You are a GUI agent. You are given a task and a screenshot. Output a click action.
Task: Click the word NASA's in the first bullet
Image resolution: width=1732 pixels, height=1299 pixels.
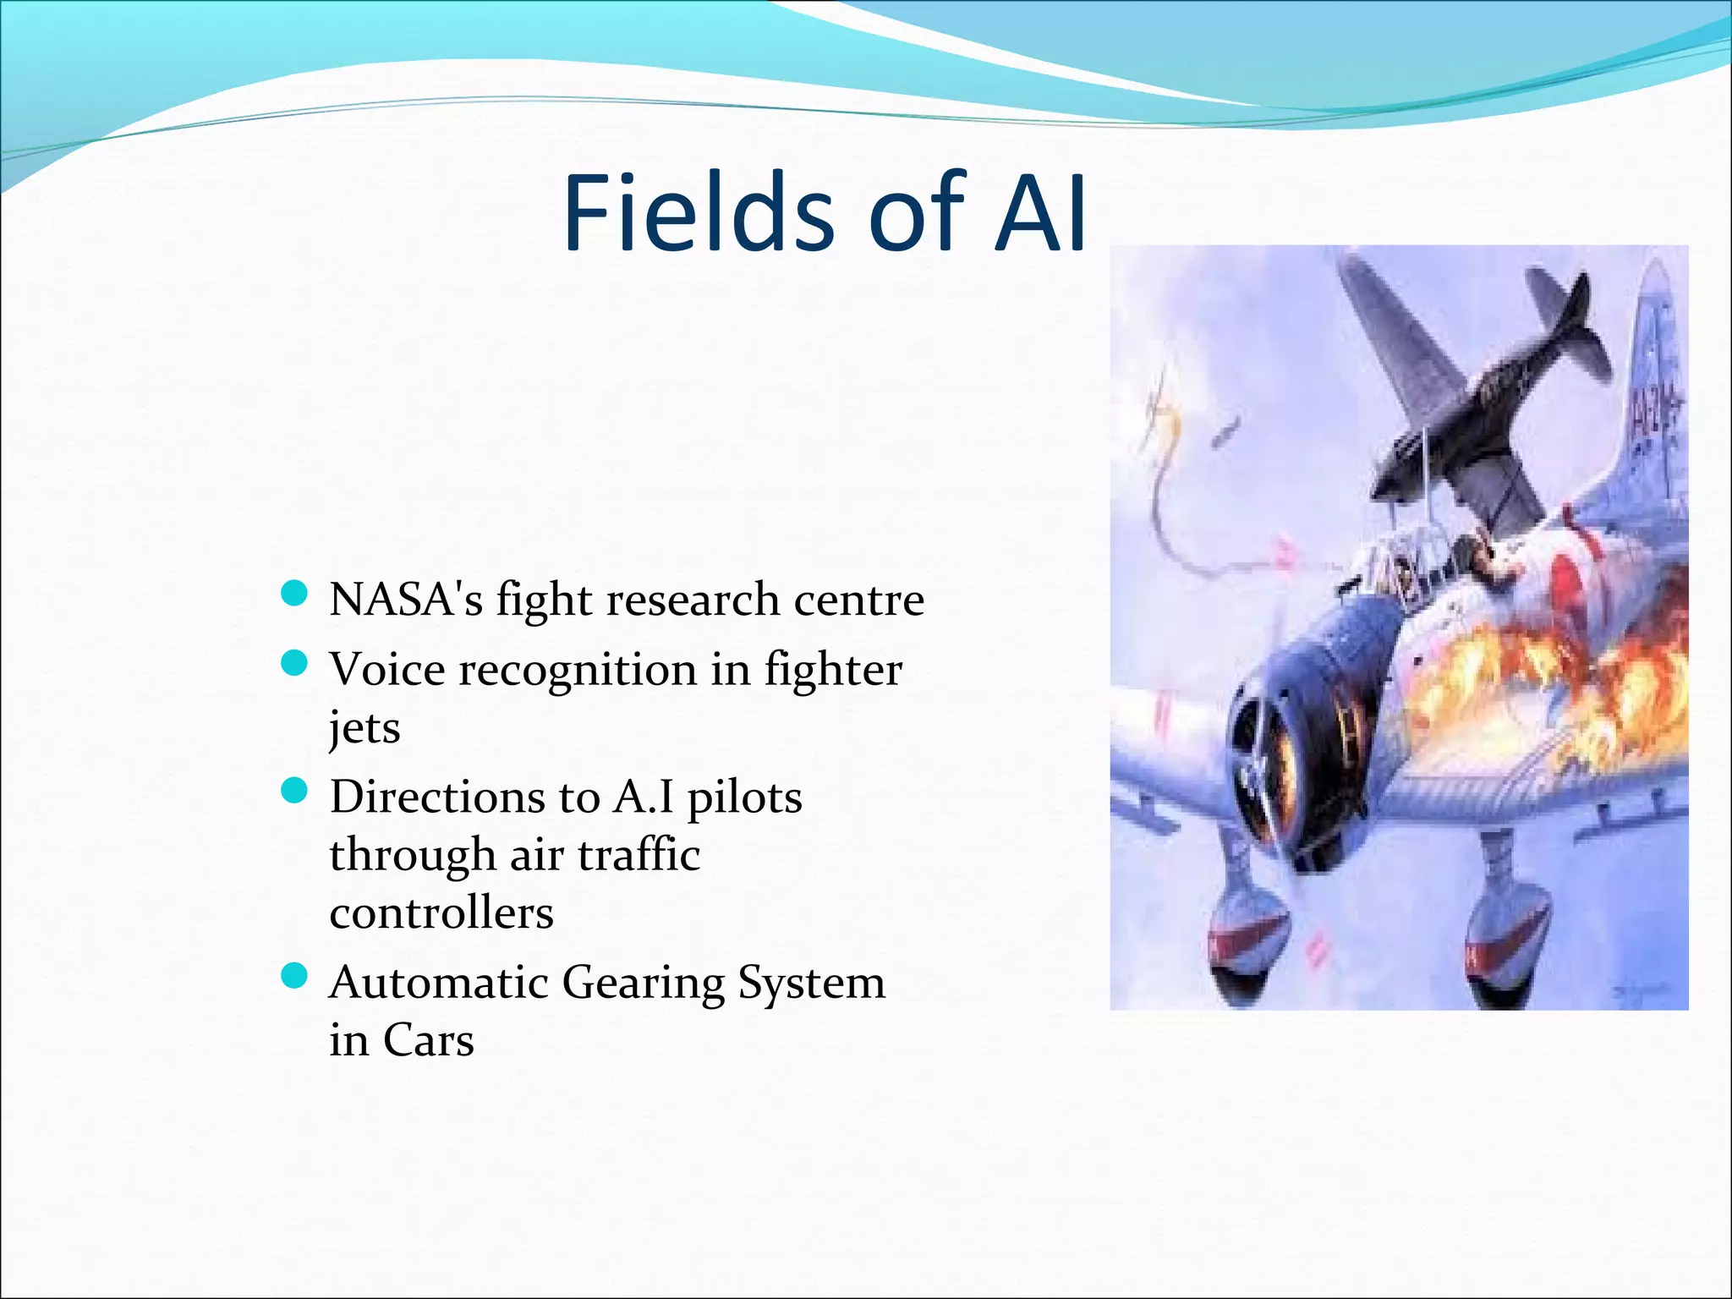pos(406,600)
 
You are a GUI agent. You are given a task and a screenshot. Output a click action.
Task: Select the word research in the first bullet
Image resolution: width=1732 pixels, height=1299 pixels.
pos(693,600)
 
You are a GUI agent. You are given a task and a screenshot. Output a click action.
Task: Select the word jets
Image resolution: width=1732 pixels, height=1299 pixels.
pos(364,727)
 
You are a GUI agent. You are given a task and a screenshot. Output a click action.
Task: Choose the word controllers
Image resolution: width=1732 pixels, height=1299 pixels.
pos(441,913)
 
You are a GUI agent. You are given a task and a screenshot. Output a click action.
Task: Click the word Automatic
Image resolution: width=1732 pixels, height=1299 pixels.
pos(439,983)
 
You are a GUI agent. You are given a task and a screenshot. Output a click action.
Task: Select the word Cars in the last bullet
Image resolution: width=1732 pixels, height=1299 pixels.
pos(428,1040)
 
